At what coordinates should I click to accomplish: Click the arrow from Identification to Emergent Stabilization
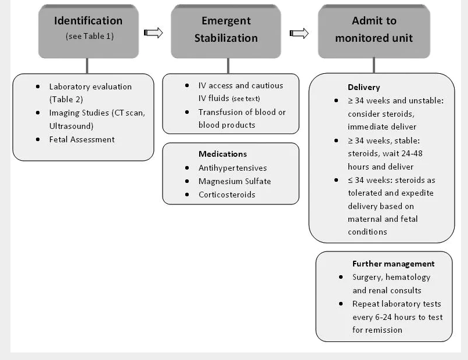coord(153,33)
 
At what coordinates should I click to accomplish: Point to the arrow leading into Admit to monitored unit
coord(299,33)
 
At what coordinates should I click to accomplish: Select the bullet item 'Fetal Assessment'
coord(82,139)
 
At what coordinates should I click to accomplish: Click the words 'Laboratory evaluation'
coord(90,87)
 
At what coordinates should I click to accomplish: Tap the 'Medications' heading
coord(222,154)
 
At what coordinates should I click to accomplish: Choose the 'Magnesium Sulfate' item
coord(234,181)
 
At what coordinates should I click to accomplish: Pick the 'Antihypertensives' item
coord(232,168)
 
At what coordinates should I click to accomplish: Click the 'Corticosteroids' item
coord(226,195)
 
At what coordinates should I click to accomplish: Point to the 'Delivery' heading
coord(363,87)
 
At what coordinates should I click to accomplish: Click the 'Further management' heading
coord(393,264)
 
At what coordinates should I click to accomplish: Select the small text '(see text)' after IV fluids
coord(246,99)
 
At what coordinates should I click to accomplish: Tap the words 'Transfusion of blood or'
coord(242,112)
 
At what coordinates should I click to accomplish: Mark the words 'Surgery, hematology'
coord(391,277)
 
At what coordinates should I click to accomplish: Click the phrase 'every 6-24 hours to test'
coord(397,317)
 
